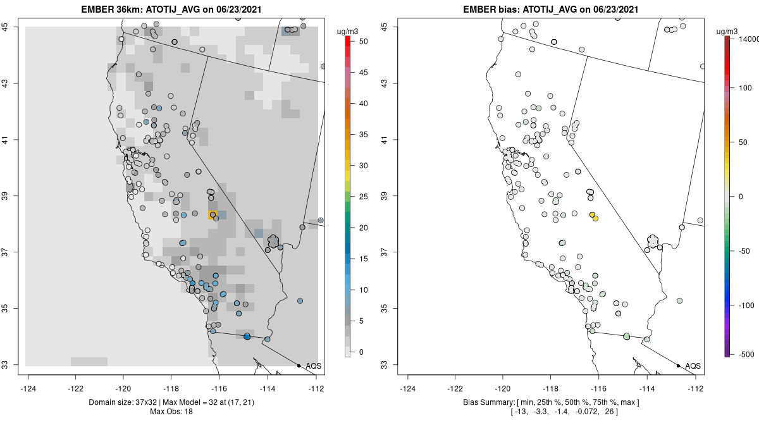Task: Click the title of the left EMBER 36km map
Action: tap(171, 9)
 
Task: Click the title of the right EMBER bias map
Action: tap(551, 9)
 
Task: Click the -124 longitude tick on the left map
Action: tap(28, 389)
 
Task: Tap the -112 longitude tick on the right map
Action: tap(696, 389)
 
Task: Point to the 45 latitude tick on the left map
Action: tap(11, 27)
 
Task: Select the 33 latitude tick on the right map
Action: tap(390, 365)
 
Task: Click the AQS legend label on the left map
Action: tap(314, 366)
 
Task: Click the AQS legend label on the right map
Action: tap(693, 366)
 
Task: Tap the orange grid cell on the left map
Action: tap(213, 216)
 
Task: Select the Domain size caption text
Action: tap(171, 402)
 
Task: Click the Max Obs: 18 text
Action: tap(171, 412)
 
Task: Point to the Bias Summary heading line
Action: tap(551, 402)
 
